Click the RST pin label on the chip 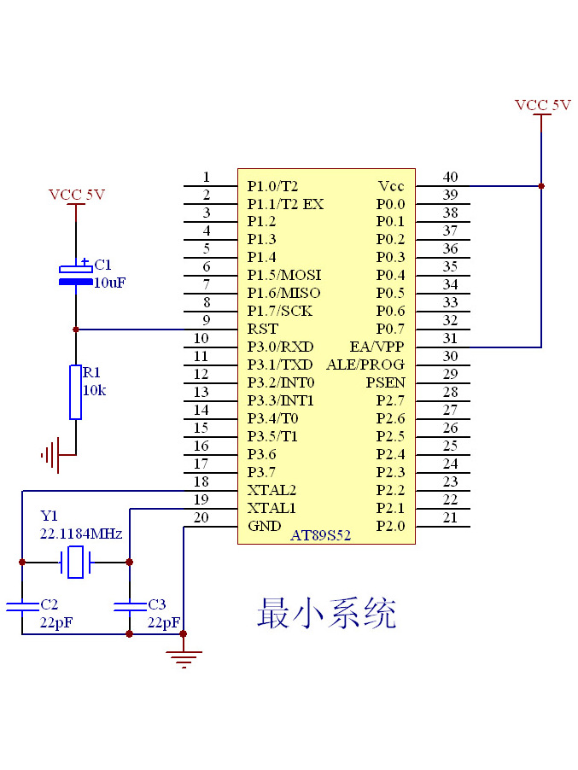(262, 329)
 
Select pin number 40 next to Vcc (450, 177)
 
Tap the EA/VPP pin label (377, 347)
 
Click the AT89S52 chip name (320, 535)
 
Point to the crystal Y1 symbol (76, 563)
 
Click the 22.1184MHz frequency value (81, 534)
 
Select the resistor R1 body (76, 393)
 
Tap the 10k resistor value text (93, 389)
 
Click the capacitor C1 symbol (76, 274)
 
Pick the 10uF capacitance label (109, 282)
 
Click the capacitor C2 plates (22, 606)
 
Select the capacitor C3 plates (129, 606)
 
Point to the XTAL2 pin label (271, 490)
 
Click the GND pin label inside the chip (264, 526)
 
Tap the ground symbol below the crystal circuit (184, 657)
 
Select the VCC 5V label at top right (542, 105)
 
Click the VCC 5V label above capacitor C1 (77, 195)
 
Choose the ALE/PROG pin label (365, 365)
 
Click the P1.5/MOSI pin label (283, 275)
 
